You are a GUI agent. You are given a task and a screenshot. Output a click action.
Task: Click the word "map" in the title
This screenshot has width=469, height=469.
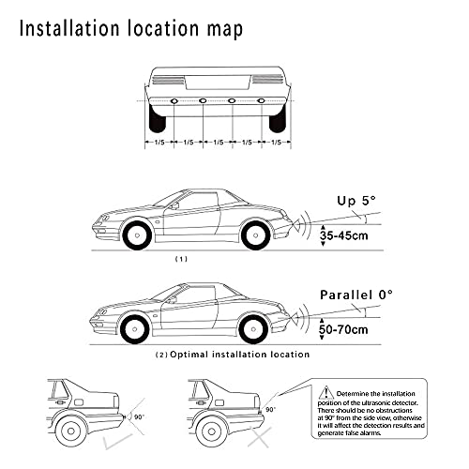[x=222, y=28]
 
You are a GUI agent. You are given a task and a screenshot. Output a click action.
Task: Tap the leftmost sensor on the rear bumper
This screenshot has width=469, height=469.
[x=173, y=100]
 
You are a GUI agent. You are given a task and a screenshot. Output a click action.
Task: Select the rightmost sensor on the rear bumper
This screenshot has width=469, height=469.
[x=262, y=100]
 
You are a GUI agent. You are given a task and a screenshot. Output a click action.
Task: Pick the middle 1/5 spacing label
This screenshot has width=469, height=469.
[x=218, y=143]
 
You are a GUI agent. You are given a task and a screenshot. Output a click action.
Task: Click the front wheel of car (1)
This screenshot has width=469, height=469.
[x=135, y=234]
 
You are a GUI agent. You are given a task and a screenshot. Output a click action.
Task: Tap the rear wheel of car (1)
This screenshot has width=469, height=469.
[x=256, y=234]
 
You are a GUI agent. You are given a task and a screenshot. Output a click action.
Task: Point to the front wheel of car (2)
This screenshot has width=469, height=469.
[x=135, y=327]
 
